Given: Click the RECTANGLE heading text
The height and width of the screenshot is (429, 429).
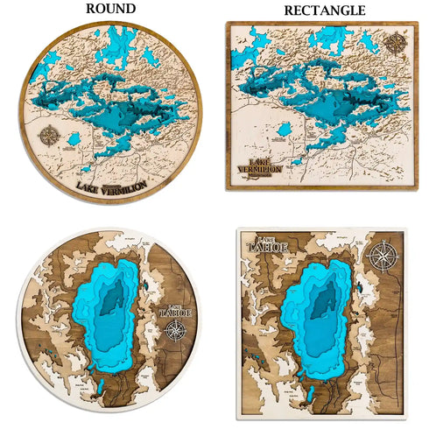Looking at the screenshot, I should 325,11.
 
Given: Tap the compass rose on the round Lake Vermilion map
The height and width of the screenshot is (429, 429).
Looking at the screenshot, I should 49,137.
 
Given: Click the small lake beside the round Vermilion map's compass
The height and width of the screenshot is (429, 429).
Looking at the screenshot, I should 74,140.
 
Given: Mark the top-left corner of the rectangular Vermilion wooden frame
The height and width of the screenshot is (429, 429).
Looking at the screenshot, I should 228,24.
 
